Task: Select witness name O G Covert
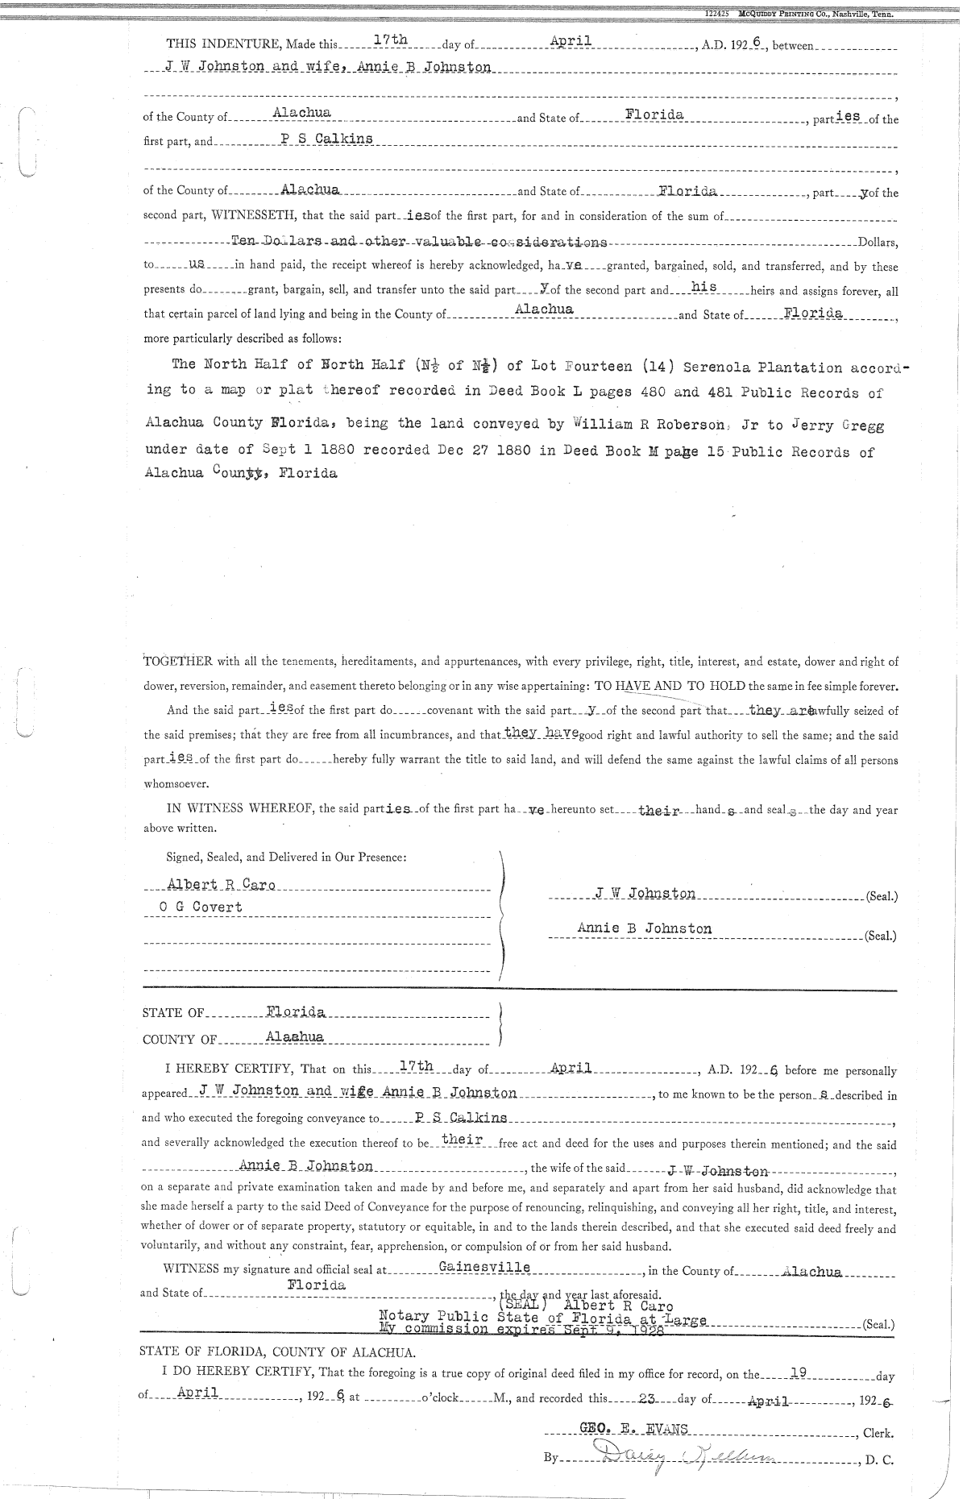pyautogui.click(x=201, y=907)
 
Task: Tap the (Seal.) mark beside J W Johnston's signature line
pyautogui.click(x=880, y=896)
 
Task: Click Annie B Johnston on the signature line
pyautogui.click(x=644, y=928)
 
